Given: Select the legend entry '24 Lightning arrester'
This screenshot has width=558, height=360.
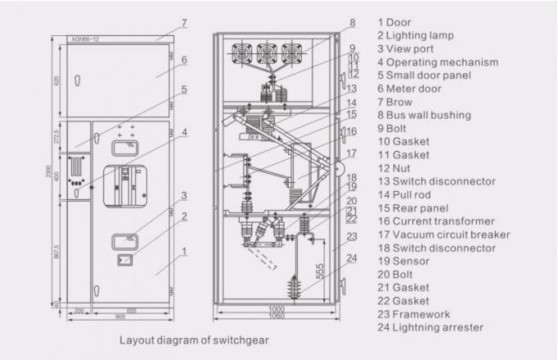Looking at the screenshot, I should coord(431,328).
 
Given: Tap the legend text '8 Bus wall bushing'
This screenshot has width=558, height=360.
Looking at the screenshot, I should coord(424,115).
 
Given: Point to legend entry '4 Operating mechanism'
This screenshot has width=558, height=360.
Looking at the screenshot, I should coord(427,62).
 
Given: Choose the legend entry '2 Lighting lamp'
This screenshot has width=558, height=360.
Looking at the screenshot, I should coord(416,35).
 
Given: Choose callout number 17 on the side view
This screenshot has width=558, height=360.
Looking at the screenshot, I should coord(350,153).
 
